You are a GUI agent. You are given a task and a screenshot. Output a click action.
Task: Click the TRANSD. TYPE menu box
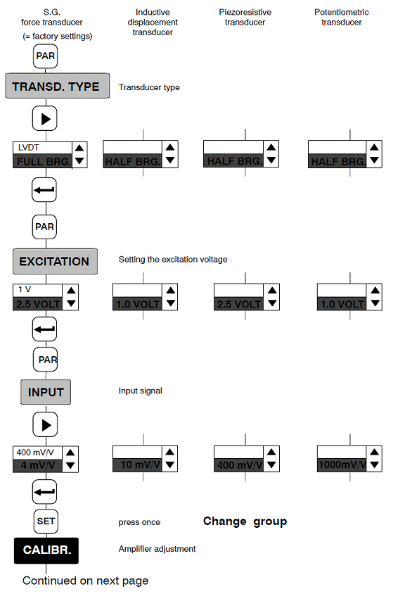pyautogui.click(x=58, y=86)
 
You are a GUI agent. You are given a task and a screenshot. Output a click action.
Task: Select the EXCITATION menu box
pyautogui.click(x=55, y=261)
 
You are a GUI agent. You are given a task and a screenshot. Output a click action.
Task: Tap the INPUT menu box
pyautogui.click(x=46, y=392)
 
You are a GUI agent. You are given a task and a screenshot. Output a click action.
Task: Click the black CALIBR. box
pyautogui.click(x=46, y=550)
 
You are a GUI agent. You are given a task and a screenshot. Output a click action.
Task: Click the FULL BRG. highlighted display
pyautogui.click(x=42, y=161)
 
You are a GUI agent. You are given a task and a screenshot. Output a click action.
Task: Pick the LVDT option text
pyautogui.click(x=28, y=147)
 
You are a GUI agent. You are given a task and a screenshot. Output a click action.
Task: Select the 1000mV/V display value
pyautogui.click(x=342, y=465)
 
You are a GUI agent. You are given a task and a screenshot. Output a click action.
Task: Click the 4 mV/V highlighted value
pyautogui.click(x=37, y=466)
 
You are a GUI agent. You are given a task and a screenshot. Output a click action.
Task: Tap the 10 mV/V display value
pyautogui.click(x=137, y=465)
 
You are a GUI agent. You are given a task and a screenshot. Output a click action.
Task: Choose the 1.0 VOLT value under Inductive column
pyautogui.click(x=137, y=304)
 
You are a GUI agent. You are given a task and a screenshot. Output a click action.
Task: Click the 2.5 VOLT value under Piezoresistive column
pyautogui.click(x=239, y=304)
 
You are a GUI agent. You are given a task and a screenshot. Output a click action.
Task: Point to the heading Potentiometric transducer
pyautogui.click(x=342, y=17)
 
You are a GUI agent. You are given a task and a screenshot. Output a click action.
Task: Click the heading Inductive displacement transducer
pyautogui.click(x=153, y=23)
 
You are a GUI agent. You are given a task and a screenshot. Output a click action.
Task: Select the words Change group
pyautogui.click(x=245, y=522)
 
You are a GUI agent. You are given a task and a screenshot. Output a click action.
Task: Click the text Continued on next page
pyautogui.click(x=86, y=581)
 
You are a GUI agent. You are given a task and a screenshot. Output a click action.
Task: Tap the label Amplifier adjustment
pyautogui.click(x=157, y=549)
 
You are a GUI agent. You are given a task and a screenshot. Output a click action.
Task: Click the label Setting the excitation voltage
pyautogui.click(x=173, y=260)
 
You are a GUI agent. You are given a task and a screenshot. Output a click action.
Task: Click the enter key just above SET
pyautogui.click(x=45, y=492)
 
